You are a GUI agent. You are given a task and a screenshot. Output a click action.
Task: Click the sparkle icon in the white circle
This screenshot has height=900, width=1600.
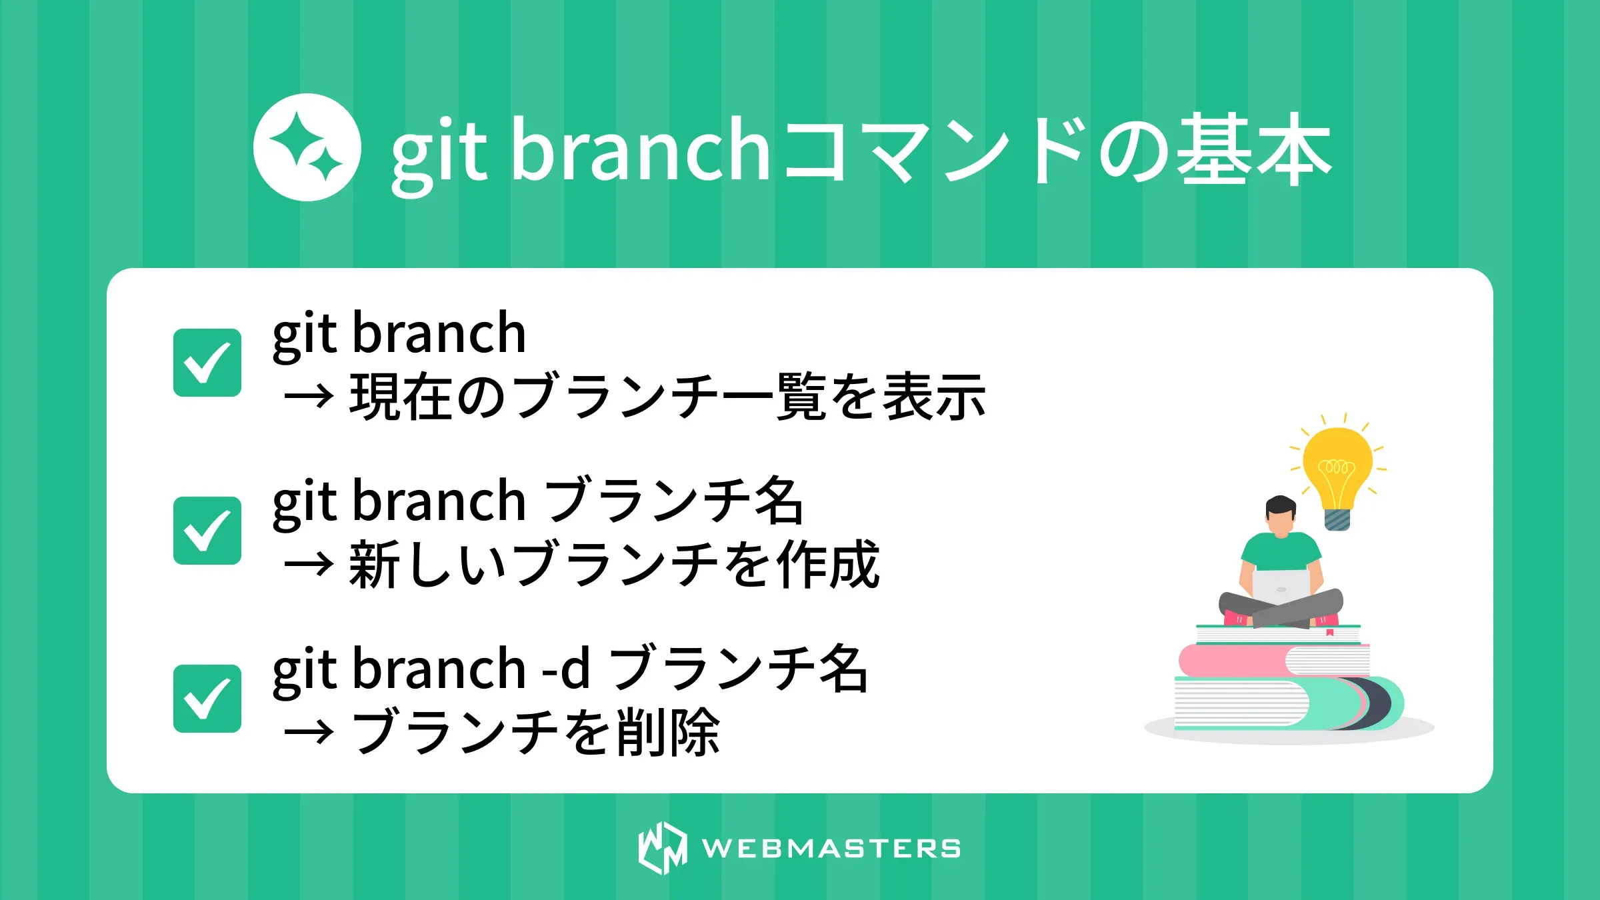(x=307, y=147)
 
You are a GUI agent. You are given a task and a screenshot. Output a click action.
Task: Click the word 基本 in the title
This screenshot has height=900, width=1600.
(x=1253, y=149)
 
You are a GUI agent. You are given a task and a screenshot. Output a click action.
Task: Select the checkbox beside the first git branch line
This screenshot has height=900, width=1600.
(x=207, y=363)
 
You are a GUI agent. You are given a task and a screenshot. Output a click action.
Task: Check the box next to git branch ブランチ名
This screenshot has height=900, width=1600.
(x=207, y=531)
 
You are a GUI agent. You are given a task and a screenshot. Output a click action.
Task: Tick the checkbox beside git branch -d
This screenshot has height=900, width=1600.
(x=207, y=699)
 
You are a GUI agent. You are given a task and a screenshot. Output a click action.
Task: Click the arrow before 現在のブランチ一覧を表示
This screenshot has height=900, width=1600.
(x=308, y=397)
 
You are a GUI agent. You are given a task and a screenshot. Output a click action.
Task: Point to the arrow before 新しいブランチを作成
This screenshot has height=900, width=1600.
(x=308, y=565)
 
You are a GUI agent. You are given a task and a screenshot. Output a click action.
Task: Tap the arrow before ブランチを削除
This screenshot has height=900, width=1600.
(x=308, y=733)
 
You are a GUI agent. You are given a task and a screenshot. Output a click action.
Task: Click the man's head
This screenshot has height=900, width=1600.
(x=1281, y=515)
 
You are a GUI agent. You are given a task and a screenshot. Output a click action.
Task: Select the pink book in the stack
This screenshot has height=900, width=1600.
(x=1233, y=661)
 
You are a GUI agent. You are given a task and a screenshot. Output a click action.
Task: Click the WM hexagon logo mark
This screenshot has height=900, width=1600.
(x=662, y=848)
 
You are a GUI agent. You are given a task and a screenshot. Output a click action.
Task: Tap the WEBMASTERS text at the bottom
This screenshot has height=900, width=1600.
(x=831, y=849)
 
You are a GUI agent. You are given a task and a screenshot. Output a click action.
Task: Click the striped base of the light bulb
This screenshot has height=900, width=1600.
(x=1337, y=519)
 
